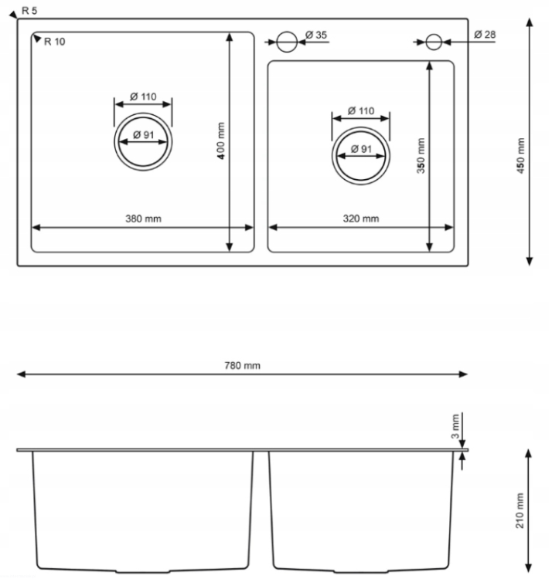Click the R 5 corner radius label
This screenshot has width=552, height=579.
[x=29, y=11]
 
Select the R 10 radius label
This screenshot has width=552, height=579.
[x=54, y=42]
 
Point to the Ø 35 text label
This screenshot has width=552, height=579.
[x=316, y=35]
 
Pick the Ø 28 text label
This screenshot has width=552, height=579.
[x=485, y=35]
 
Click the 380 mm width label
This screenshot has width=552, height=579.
[x=144, y=218]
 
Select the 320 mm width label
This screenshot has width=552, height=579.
[x=361, y=218]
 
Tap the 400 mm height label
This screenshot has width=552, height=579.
[x=221, y=141]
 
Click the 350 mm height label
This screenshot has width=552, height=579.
[x=421, y=155]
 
